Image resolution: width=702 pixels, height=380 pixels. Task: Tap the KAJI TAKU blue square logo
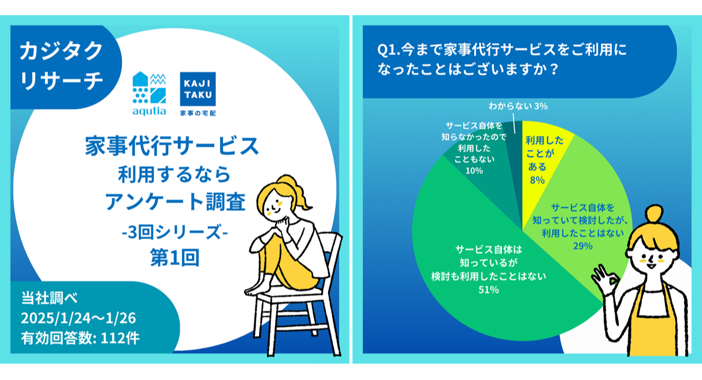pos(199,88)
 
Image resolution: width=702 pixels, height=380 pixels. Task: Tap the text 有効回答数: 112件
pos(80,337)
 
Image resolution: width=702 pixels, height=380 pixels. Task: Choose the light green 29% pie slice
pos(576,210)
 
